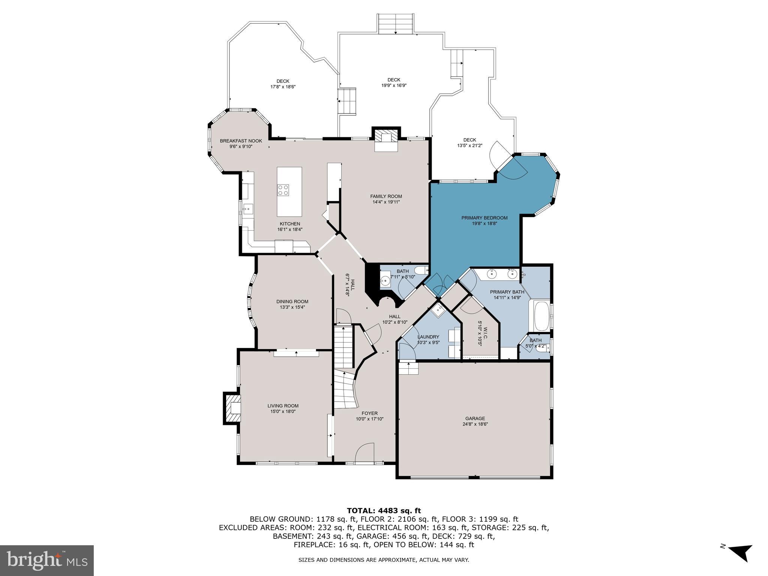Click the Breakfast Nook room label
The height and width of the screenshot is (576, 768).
coord(241,141)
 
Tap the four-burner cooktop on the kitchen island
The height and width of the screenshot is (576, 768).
coord(283,190)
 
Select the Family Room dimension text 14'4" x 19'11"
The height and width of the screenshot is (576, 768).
coord(386,202)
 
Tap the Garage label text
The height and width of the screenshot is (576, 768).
coord(475,418)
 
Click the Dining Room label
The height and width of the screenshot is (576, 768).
coord(292,301)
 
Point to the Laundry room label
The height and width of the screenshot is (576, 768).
coord(428,337)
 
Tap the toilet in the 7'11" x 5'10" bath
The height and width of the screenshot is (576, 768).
coord(421,270)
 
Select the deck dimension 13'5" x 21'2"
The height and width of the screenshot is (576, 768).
coord(469,146)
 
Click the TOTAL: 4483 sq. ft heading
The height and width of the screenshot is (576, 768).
coord(384,510)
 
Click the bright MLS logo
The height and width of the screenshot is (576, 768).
coord(47,560)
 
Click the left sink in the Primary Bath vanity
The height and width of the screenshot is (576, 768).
coord(492,274)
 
